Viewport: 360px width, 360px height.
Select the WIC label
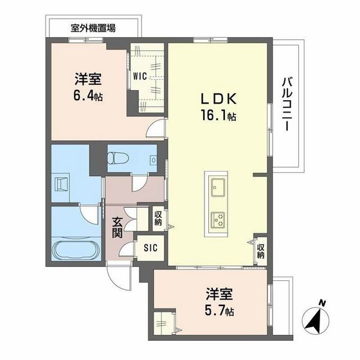141,76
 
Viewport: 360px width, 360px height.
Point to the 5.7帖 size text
219,310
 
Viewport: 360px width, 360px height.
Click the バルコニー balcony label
287,103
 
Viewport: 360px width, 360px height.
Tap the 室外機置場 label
93,28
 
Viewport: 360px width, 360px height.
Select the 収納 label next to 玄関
157,217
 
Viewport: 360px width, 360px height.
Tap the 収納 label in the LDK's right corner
260,250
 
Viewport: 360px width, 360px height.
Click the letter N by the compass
323,303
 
